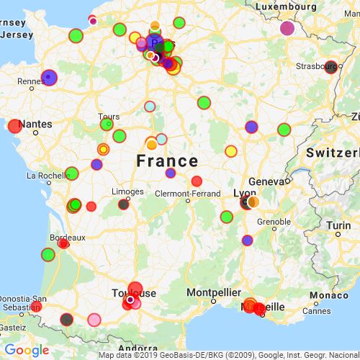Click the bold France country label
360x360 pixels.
click(167, 160)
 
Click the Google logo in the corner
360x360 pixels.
click(26, 351)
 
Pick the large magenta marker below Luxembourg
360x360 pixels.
click(287, 29)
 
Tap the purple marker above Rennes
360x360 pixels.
click(48, 76)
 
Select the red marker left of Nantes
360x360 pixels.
click(14, 127)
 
